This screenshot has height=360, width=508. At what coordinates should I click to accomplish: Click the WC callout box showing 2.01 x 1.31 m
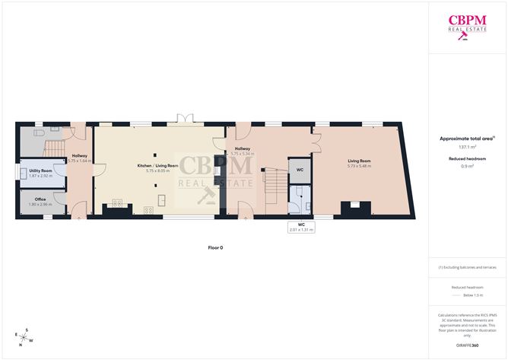(x=301, y=227)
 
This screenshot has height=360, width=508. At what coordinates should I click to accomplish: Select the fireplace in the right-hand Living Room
(x=355, y=206)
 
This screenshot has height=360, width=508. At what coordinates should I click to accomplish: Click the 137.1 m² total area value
(x=466, y=148)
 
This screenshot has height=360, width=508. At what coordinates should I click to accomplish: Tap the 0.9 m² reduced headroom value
(x=466, y=166)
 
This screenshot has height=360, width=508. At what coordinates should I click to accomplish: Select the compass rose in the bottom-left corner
(x=25, y=335)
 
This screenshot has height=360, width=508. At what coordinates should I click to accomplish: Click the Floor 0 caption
(x=216, y=247)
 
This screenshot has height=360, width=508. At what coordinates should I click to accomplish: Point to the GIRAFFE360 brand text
(x=466, y=345)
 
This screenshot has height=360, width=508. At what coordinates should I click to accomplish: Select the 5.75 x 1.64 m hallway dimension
(x=79, y=161)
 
